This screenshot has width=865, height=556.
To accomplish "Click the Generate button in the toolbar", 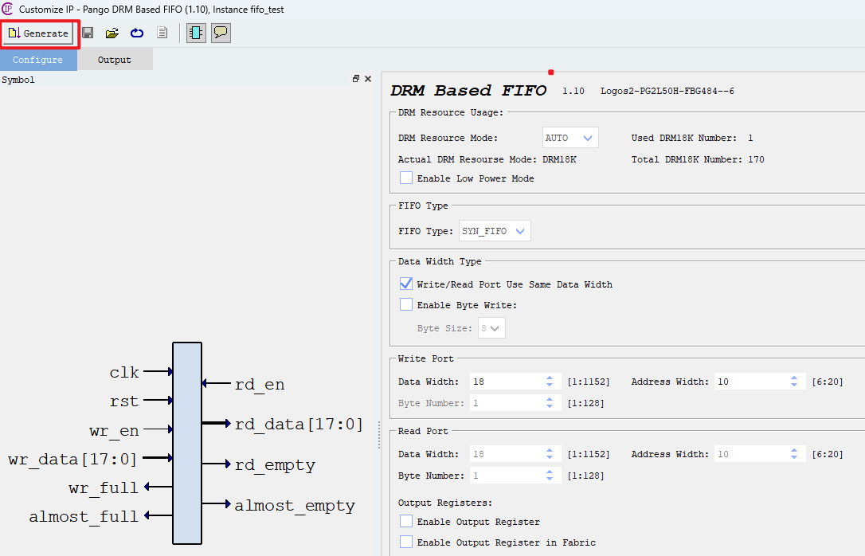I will pos(39,33).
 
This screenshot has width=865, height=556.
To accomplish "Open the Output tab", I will pos(114,60).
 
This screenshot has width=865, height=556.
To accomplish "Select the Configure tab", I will pos(37,60).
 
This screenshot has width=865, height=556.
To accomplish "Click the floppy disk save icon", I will pos(88,33).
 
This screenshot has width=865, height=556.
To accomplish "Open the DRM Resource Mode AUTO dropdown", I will pos(569,138).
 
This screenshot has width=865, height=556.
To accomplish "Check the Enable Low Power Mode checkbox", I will pos(406,178).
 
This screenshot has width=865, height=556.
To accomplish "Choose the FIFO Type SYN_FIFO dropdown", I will pos(495,231).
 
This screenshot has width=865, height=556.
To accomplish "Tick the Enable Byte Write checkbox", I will pos(406,305).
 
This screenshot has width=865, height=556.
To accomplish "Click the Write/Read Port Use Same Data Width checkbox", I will pos(406,284).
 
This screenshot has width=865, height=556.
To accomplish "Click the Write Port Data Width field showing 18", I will pos(506,382).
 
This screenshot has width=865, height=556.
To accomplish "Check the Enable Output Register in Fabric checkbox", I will pos(406,542).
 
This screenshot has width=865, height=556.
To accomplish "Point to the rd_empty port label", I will pos(275,465).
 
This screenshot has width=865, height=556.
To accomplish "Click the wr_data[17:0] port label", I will pos(72,459).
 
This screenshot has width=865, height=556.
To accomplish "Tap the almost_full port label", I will pos(84,516).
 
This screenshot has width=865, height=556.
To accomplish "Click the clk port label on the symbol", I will pos(124,372).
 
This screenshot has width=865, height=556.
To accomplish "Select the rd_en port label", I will pos(260,385).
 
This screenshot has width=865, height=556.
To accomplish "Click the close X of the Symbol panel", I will pos(368,79).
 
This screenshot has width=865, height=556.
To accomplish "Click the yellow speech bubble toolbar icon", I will pos(221,33).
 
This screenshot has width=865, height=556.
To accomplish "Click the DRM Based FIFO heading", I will pos(468,91).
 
